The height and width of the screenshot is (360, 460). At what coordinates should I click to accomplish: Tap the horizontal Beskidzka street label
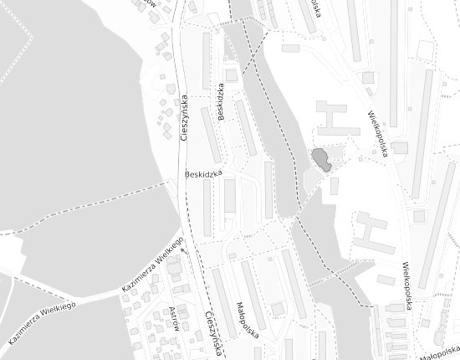[204, 174]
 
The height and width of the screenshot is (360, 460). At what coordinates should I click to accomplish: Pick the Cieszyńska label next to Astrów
[213, 332]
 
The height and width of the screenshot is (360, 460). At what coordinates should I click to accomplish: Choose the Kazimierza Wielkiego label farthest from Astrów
[42, 323]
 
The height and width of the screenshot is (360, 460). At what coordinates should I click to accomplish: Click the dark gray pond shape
[321, 159]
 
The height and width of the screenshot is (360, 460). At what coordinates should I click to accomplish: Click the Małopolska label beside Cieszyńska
[248, 319]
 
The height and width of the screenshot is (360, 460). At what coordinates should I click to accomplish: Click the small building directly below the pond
[334, 186]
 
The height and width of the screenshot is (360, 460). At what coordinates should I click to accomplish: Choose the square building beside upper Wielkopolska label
[368, 78]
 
